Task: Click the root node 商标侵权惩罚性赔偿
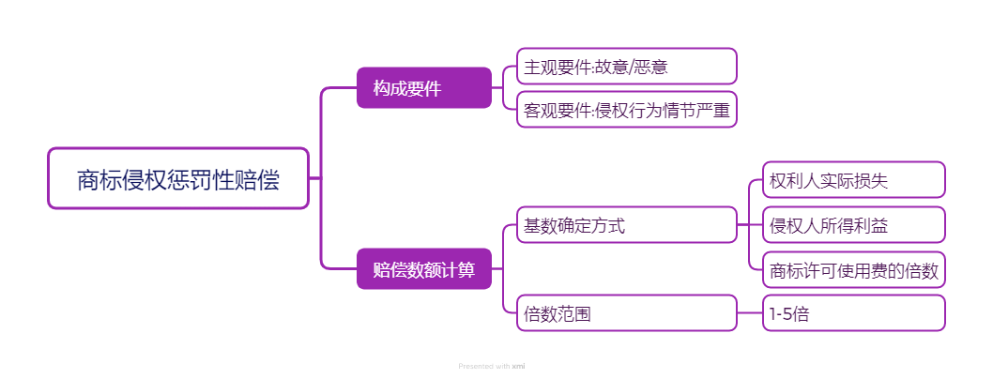(178, 178)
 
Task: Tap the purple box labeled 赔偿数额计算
(423, 269)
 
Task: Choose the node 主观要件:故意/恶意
(626, 67)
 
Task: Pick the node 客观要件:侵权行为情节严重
(626, 111)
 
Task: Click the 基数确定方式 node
(626, 225)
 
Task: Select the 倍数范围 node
(626, 313)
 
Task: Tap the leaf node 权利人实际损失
(853, 180)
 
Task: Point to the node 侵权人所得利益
(853, 225)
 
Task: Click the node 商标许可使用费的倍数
(853, 270)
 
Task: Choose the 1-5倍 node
(853, 313)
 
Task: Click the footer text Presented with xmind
(492, 366)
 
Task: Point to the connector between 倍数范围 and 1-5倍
(750, 313)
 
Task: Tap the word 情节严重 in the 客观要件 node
(695, 111)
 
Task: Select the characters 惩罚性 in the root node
(204, 178)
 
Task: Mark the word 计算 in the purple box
(459, 269)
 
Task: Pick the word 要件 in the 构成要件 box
(424, 88)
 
